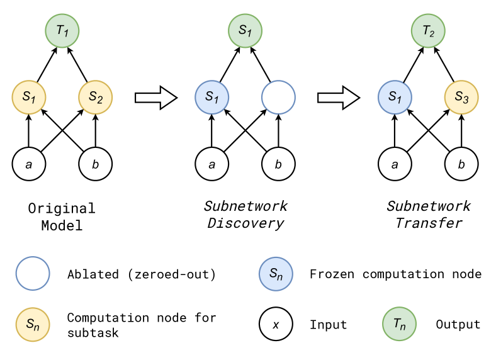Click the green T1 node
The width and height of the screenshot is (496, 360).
[62, 30]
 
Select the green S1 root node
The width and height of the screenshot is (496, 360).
[245, 30]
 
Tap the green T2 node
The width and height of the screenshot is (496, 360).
[429, 30]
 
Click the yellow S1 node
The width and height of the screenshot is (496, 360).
[29, 98]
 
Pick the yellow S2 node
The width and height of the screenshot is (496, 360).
[96, 98]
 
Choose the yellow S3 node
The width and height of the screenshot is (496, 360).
[461, 98]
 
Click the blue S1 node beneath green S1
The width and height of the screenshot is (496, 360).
[212, 98]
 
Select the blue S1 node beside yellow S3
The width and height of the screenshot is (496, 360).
[395, 98]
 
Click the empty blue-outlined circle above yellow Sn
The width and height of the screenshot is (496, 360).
[33, 273]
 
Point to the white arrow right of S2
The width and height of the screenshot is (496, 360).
[155, 98]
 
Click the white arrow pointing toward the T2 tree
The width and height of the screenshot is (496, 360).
[338, 98]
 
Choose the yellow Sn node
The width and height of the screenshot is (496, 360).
[33, 325]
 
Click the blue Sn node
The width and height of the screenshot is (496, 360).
[276, 273]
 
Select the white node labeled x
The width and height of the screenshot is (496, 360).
[276, 325]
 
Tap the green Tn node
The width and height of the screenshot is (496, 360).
[399, 325]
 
